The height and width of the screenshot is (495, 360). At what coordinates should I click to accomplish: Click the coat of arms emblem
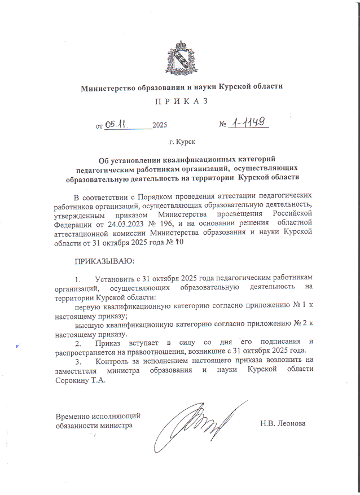(x=180, y=58)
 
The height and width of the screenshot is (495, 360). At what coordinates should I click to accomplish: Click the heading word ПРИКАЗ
(x=181, y=101)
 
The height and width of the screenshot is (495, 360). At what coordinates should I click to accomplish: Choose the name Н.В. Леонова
(x=282, y=423)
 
